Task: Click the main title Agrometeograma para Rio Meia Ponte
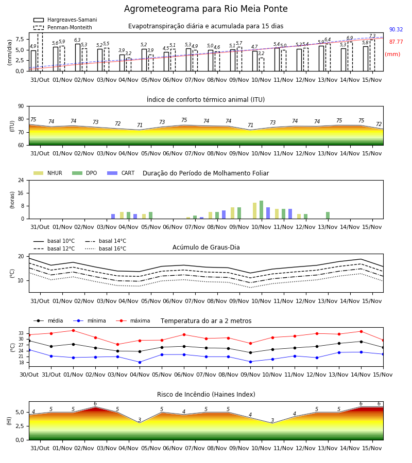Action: tap(205, 9)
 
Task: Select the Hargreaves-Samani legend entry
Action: tap(65, 20)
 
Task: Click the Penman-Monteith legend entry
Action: tap(63, 27)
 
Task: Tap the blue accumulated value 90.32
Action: tap(396, 29)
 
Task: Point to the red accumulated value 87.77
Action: tap(396, 42)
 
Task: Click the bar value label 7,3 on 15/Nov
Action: tap(372, 36)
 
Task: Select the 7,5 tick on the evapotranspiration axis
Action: tap(20, 39)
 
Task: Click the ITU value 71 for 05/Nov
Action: tap(140, 125)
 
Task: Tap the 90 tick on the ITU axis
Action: tap(21, 106)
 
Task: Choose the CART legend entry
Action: tap(121, 173)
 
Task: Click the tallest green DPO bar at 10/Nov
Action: tap(261, 210)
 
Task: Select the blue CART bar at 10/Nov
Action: tap(268, 213)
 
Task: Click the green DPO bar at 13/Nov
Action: tap(328, 215)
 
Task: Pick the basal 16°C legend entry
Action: tap(106, 248)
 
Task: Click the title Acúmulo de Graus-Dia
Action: tap(206, 247)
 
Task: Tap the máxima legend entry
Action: tap(133, 320)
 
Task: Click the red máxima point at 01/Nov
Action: tap(73, 330)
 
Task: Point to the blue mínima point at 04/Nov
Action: tap(140, 362)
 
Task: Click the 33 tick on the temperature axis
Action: tap(21, 333)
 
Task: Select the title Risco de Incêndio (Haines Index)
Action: tap(206, 395)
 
